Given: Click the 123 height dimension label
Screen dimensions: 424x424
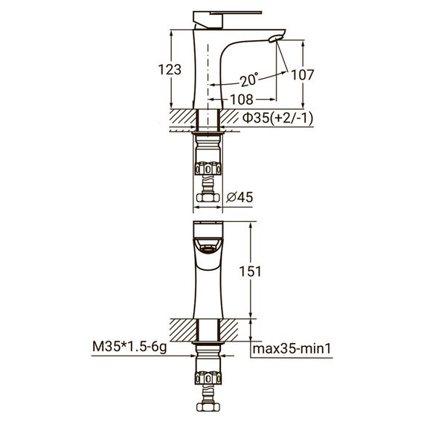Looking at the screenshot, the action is (170, 69).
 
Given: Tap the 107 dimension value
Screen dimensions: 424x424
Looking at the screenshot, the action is (302, 74).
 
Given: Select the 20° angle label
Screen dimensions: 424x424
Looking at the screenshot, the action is (249, 80).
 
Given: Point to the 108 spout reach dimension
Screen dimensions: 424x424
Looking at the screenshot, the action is (242, 99).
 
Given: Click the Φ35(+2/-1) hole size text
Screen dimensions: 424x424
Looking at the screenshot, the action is (277, 118).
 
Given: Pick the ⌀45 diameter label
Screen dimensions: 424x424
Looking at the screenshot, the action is (240, 197).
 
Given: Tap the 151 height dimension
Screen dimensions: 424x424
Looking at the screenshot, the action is (250, 272).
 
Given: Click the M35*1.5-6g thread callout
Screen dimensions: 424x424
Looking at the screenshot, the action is (129, 347).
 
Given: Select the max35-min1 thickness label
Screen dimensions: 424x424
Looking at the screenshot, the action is (292, 349).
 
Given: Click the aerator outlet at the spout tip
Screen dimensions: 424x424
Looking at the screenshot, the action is (276, 39).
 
